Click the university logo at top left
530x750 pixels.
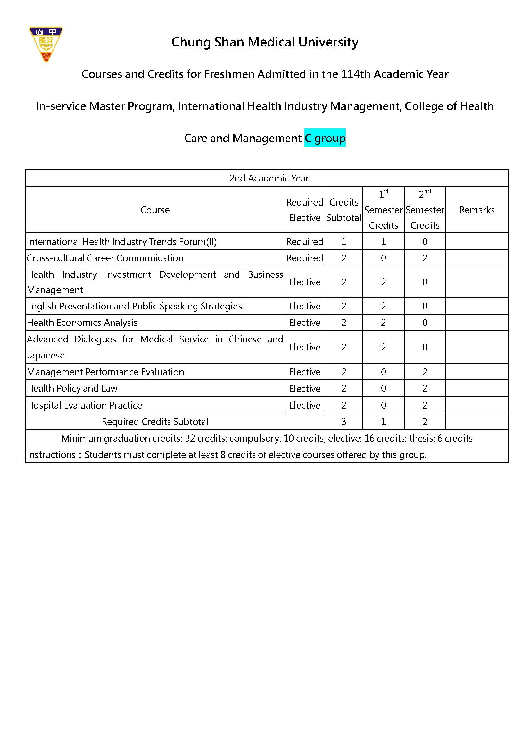pyautogui.click(x=46, y=44)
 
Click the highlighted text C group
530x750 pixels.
pyautogui.click(x=325, y=138)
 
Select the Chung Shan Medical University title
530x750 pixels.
pyautogui.click(x=265, y=42)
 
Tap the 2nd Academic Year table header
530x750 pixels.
pyautogui.click(x=269, y=178)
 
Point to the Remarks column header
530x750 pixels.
pyautogui.click(x=476, y=210)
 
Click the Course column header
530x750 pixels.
pyautogui.click(x=155, y=210)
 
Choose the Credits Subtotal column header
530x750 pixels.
pyautogui.click(x=343, y=210)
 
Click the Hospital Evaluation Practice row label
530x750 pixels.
pyautogui.click(x=84, y=405)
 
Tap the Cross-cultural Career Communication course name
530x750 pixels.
pyautogui.click(x=105, y=258)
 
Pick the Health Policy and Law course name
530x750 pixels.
pyautogui.click(x=72, y=388)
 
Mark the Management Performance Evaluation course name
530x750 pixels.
pyautogui.click(x=105, y=372)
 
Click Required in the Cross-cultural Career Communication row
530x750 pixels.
pyautogui.click(x=304, y=258)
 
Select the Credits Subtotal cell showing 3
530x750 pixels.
pyautogui.click(x=343, y=421)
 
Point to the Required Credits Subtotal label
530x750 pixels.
pyautogui.click(x=155, y=421)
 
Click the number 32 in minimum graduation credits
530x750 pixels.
pyautogui.click(x=190, y=438)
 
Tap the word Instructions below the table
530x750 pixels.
pyautogui.click(x=51, y=455)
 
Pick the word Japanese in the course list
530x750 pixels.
pyautogui.click(x=46, y=355)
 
